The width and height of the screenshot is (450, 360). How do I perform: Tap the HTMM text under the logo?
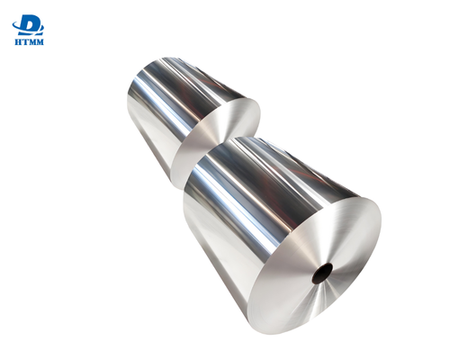pyautogui.click(x=31, y=42)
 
